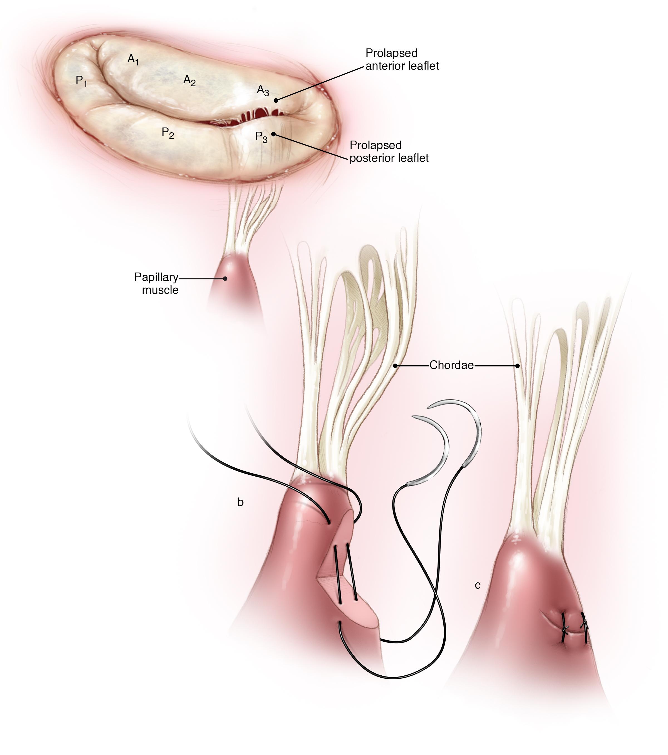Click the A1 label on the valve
click(x=133, y=60)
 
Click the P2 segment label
click(x=168, y=133)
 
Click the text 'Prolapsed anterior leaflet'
click(x=402, y=60)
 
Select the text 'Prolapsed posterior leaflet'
click(x=389, y=151)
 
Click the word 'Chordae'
click(x=451, y=365)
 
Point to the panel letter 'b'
click(x=240, y=502)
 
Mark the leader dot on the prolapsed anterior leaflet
click(x=276, y=100)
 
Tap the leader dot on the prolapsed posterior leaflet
click(x=273, y=134)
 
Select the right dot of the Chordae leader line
click(x=517, y=366)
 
